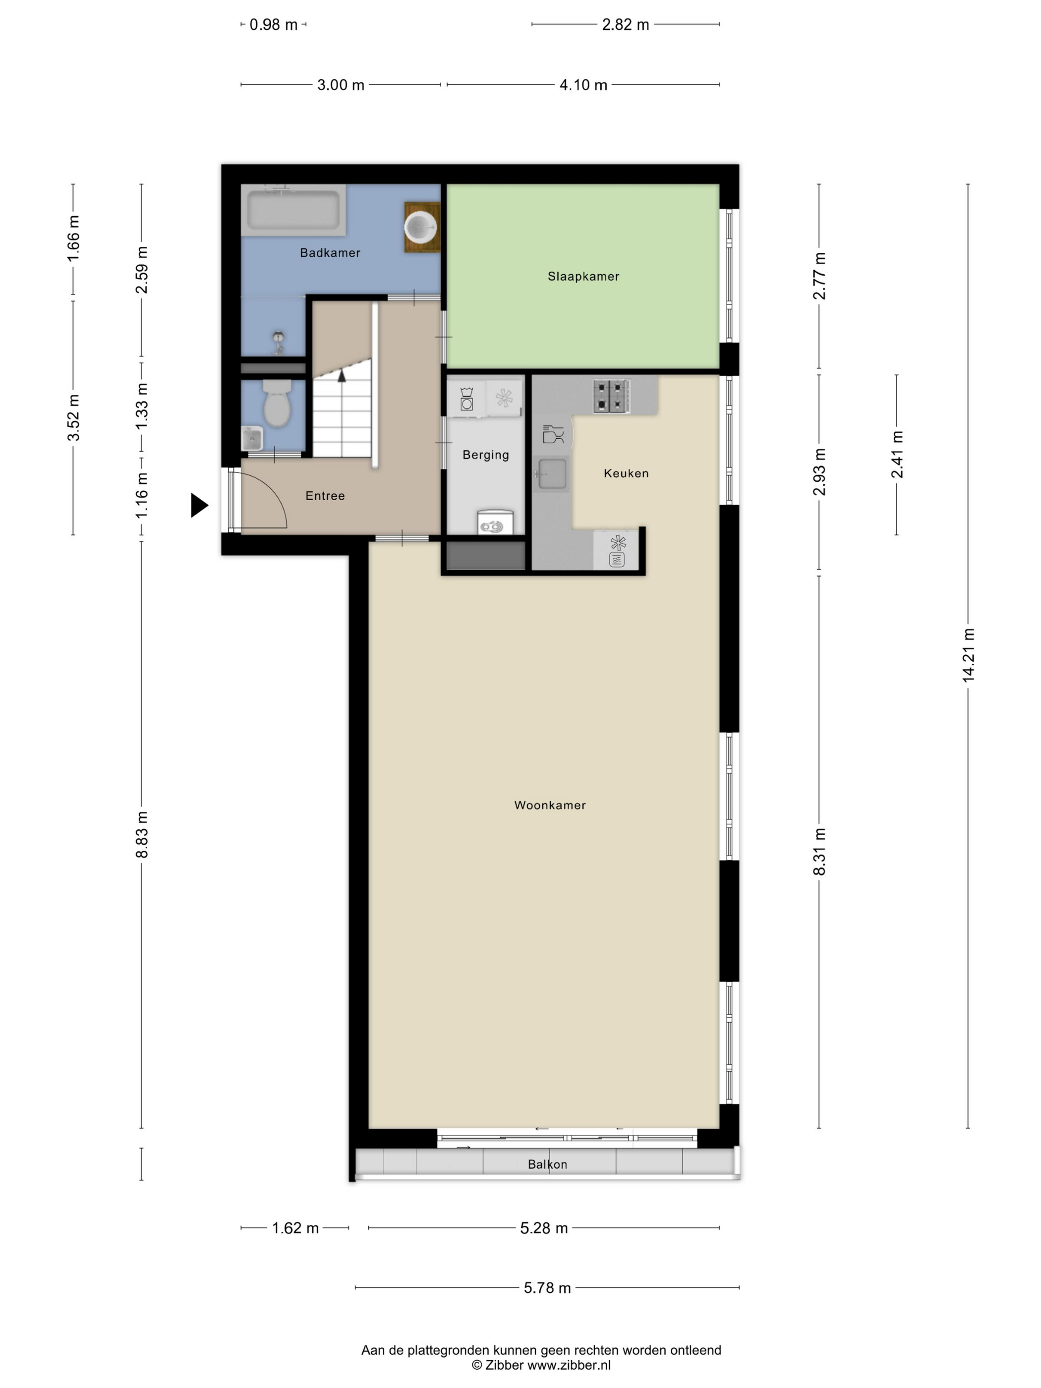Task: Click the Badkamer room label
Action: pos(330,253)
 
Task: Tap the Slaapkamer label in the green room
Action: pos(583,276)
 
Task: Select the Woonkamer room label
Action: pos(550,805)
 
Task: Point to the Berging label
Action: pos(486,455)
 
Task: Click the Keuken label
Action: pos(626,473)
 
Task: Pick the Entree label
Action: pos(325,496)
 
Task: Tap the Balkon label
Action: pos(547,1164)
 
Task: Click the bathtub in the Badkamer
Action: pos(293,210)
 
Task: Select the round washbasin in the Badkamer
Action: pos(420,227)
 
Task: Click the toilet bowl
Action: pos(277,404)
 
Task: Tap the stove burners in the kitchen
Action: pos(612,397)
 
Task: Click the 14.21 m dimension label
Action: pos(968,655)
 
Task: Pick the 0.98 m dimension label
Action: pos(274,24)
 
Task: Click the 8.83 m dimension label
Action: pos(142,835)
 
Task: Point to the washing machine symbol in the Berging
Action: pos(466,399)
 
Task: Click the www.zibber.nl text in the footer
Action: pos(569,1365)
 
